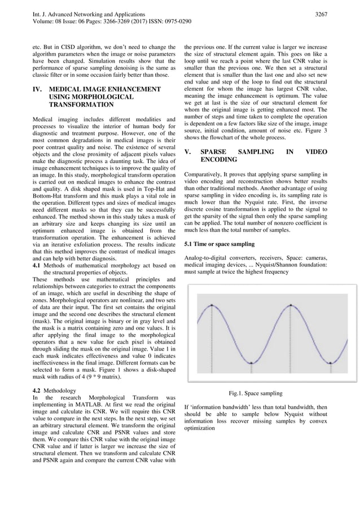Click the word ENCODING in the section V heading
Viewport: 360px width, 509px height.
(219, 160)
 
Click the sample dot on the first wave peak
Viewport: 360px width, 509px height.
(212, 305)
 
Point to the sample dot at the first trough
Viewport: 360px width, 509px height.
(251, 364)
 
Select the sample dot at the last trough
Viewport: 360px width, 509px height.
(330, 364)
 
